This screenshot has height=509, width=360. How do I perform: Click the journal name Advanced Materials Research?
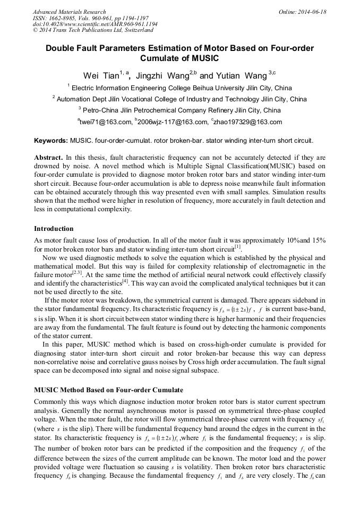coord(69,12)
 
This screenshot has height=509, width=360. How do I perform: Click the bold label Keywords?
coord(51,141)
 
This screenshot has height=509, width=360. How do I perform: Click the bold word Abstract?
coord(48,158)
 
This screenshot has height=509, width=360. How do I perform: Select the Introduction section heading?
coord(54,229)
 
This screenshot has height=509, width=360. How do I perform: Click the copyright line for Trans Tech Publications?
coord(93,30)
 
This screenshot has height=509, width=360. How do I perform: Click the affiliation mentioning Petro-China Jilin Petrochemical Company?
coord(179,110)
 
